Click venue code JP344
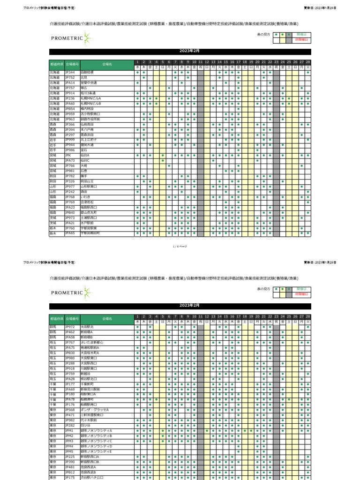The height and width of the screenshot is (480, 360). point(70,73)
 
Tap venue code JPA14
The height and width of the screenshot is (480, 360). point(70,83)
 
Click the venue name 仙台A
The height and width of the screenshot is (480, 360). point(85,155)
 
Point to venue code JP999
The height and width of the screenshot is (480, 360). point(70,140)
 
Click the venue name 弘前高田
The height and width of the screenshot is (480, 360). point(87,124)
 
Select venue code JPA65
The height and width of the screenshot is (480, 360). point(70,233)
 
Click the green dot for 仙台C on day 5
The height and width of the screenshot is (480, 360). point(163,160)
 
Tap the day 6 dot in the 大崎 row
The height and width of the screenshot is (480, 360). point(169,165)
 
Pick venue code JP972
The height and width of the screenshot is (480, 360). point(70,327)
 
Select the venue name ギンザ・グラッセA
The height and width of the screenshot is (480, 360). point(94,410)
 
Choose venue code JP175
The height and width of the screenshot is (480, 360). point(70,477)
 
